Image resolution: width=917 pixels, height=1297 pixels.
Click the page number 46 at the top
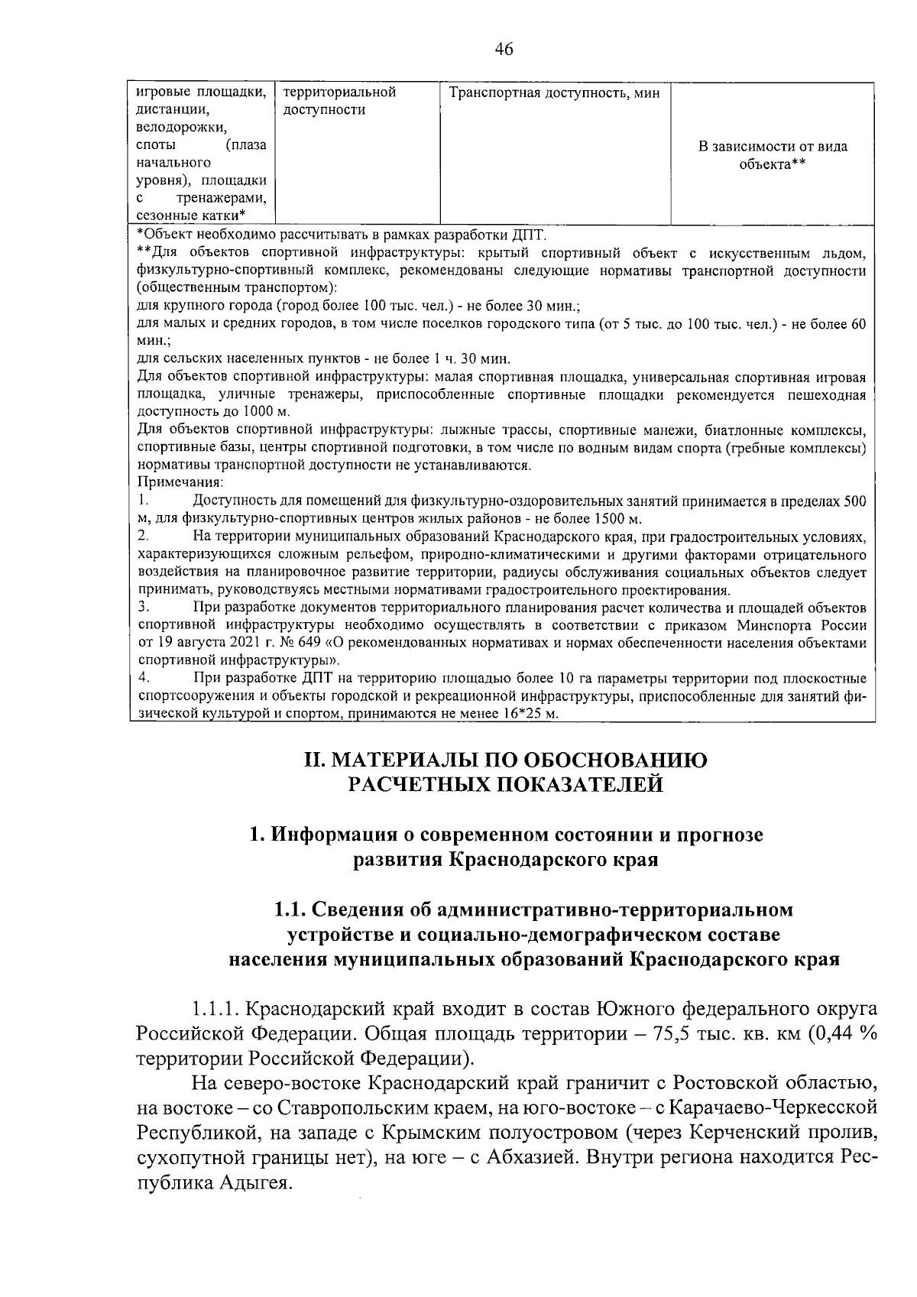(x=504, y=50)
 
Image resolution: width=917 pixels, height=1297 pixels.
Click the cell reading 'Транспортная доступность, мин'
(x=554, y=93)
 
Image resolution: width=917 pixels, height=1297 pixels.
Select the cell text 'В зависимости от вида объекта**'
(x=773, y=155)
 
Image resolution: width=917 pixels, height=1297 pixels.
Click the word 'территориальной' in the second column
(x=339, y=92)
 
